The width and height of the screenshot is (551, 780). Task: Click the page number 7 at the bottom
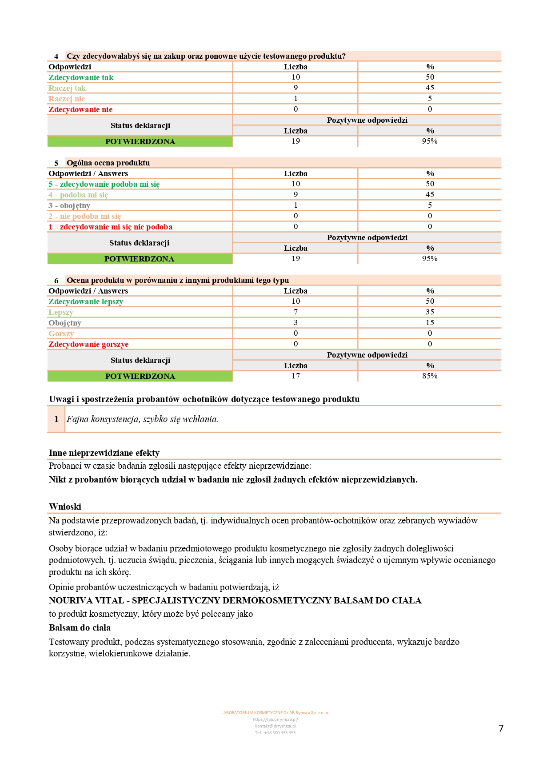tap(501, 728)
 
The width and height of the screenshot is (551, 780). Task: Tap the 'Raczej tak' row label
tap(67, 88)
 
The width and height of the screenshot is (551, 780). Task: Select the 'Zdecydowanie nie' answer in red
tap(80, 109)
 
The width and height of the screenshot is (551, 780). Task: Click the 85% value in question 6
tap(430, 376)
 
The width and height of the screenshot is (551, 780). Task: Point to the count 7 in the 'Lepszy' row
tap(295, 312)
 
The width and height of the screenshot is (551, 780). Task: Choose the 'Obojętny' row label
tap(65, 323)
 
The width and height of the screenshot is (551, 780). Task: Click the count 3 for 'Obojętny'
tap(295, 323)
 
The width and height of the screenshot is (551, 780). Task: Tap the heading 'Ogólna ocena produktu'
tap(108, 163)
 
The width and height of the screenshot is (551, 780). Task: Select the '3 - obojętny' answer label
tap(69, 205)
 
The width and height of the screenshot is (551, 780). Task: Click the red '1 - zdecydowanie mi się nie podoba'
tap(110, 227)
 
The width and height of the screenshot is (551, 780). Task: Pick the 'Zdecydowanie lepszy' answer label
tap(86, 302)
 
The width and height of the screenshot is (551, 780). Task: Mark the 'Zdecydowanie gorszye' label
tap(88, 344)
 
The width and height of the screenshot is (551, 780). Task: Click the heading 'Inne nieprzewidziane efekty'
tap(104, 453)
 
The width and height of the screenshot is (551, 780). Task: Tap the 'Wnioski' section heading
tap(65, 507)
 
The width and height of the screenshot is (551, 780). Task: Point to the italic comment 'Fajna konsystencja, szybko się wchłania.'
tap(142, 419)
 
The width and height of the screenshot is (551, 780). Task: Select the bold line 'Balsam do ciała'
tap(80, 627)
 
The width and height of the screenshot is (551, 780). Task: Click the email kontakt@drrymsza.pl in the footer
tap(275, 726)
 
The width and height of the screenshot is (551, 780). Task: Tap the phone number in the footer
tap(275, 732)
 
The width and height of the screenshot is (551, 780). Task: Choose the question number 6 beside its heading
tap(56, 281)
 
